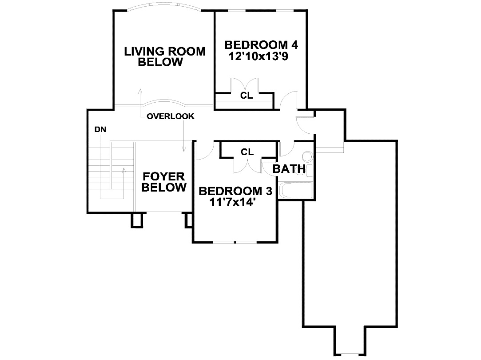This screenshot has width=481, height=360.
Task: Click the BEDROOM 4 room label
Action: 261,45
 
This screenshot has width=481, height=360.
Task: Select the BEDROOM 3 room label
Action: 235,191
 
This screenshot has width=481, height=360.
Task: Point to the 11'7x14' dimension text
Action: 233,202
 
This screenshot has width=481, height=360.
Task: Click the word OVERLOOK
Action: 171,116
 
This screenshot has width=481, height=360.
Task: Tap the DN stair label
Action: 100,129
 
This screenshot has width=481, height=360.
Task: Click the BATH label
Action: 289,169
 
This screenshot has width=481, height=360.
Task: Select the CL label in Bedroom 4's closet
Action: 246,96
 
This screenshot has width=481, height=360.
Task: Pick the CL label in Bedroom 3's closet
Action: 247,152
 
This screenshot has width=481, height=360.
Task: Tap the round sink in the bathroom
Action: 307,157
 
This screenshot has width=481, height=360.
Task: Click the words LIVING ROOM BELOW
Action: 165,56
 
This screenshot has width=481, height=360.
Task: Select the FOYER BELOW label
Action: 164,182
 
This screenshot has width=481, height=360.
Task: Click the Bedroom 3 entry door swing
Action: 205,150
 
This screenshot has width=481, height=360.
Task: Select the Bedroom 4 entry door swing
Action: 289,100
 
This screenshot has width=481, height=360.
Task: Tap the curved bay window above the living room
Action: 164,7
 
